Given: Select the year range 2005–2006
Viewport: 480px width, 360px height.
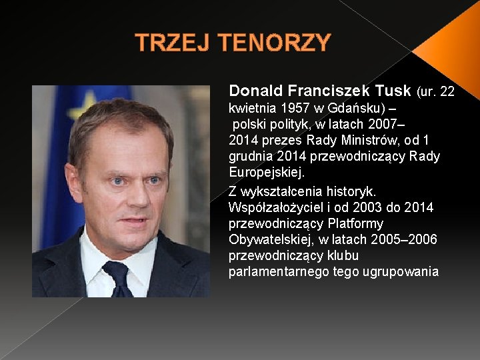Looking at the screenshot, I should click(x=406, y=239).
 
